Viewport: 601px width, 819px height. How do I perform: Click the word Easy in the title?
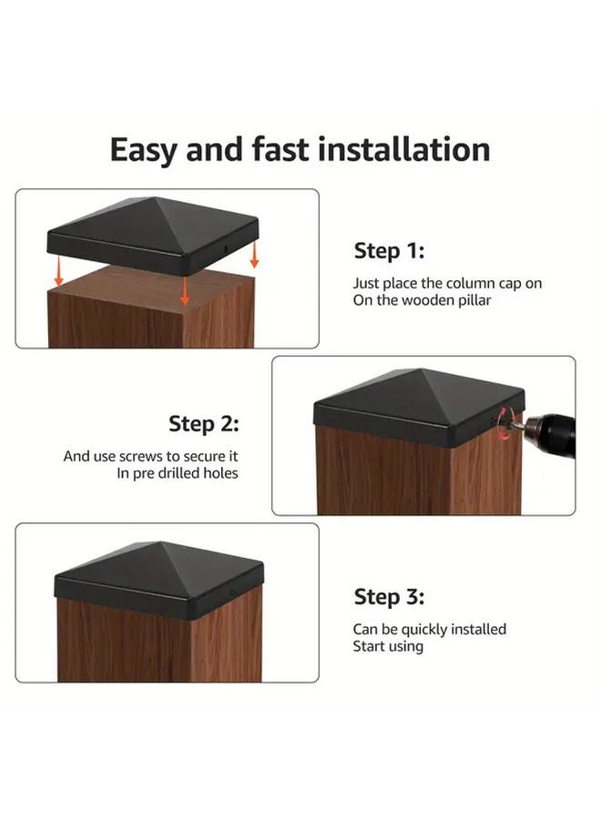pyautogui.click(x=143, y=149)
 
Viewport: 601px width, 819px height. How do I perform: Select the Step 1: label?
pyautogui.click(x=389, y=251)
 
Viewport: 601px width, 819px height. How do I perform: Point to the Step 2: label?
pyautogui.click(x=203, y=424)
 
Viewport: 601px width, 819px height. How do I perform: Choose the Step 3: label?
pyautogui.click(x=389, y=597)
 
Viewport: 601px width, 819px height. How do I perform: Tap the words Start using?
pyautogui.click(x=389, y=646)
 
